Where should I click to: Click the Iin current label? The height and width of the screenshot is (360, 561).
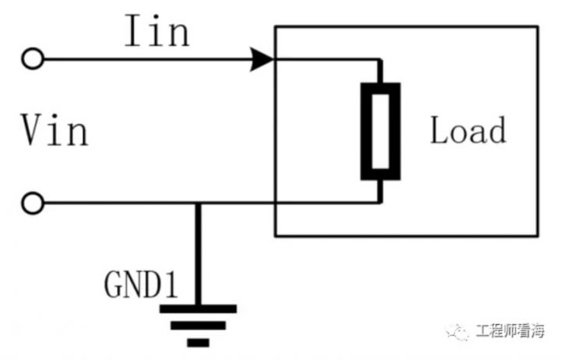coord(155,32)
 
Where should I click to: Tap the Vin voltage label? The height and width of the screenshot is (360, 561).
coord(55,130)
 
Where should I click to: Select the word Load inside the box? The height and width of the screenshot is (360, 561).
coord(467,130)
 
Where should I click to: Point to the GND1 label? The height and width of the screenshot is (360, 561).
coord(141,286)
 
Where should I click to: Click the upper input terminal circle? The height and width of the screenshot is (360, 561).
coord(32,58)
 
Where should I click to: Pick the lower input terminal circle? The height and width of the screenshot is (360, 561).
coord(32,204)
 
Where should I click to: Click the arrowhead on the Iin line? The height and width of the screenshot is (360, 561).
coord(262,58)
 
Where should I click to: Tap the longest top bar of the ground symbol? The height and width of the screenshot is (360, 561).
coord(198,309)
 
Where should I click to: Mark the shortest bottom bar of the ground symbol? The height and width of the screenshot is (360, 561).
coord(198,341)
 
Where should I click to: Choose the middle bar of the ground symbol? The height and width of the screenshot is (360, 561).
coord(198,325)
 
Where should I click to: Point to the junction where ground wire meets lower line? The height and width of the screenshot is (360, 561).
coord(198,204)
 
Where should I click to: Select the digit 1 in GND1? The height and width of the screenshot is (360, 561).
coord(171,286)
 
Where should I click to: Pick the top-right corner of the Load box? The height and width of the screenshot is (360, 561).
coord(538,26)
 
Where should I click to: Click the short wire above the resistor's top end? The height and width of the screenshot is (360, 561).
coord(379,70)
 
